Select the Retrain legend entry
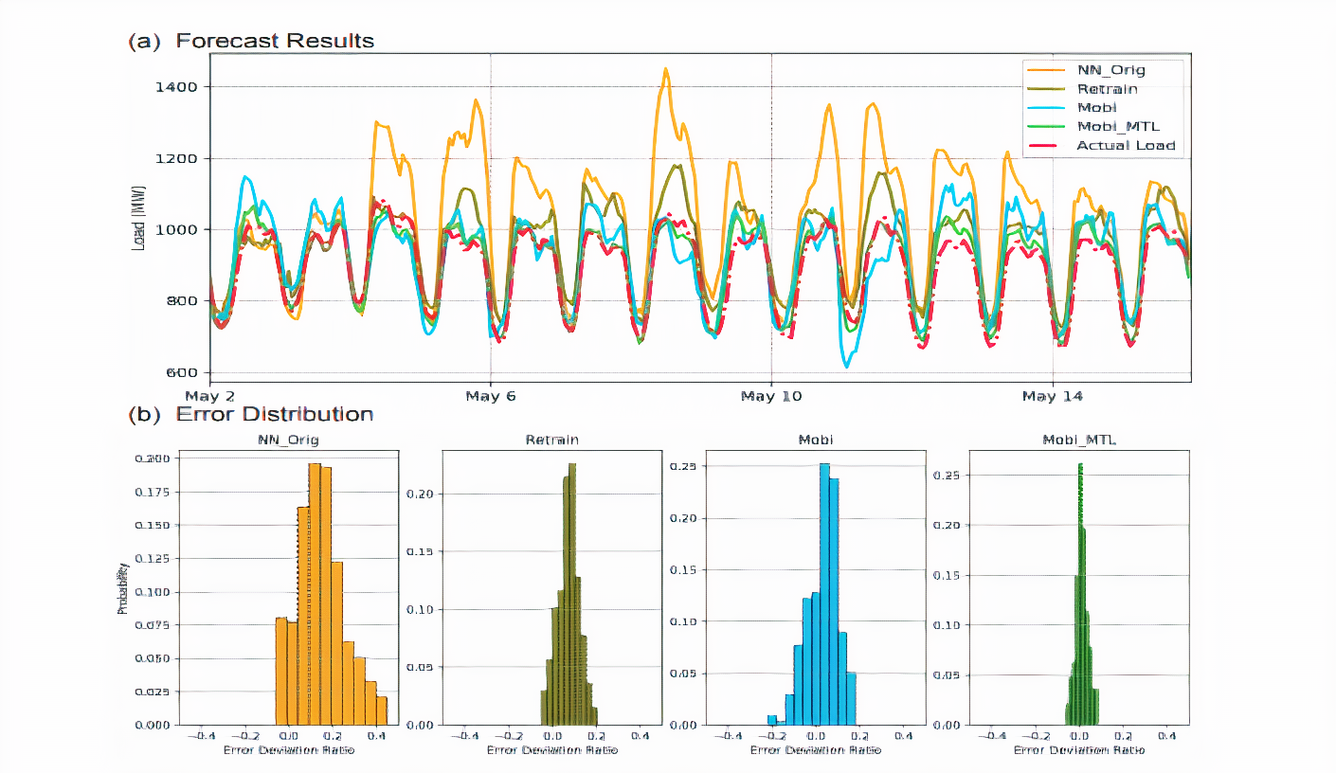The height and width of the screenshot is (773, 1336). point(1107,89)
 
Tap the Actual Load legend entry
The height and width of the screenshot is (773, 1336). point(1125,145)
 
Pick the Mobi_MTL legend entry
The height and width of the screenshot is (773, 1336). point(1117,126)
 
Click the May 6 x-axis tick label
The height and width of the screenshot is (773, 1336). point(491,396)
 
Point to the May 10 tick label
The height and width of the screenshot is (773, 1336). point(771,396)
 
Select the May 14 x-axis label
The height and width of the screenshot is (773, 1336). point(1052,396)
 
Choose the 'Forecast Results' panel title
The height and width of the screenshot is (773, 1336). point(275,41)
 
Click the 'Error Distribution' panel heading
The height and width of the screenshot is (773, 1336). point(274,414)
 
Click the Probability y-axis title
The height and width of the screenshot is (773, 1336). point(122,589)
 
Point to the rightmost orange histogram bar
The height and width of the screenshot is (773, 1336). point(381,710)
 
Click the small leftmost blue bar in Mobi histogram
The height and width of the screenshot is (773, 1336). point(772,719)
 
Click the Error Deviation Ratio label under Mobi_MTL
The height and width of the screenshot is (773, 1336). point(1079,749)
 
